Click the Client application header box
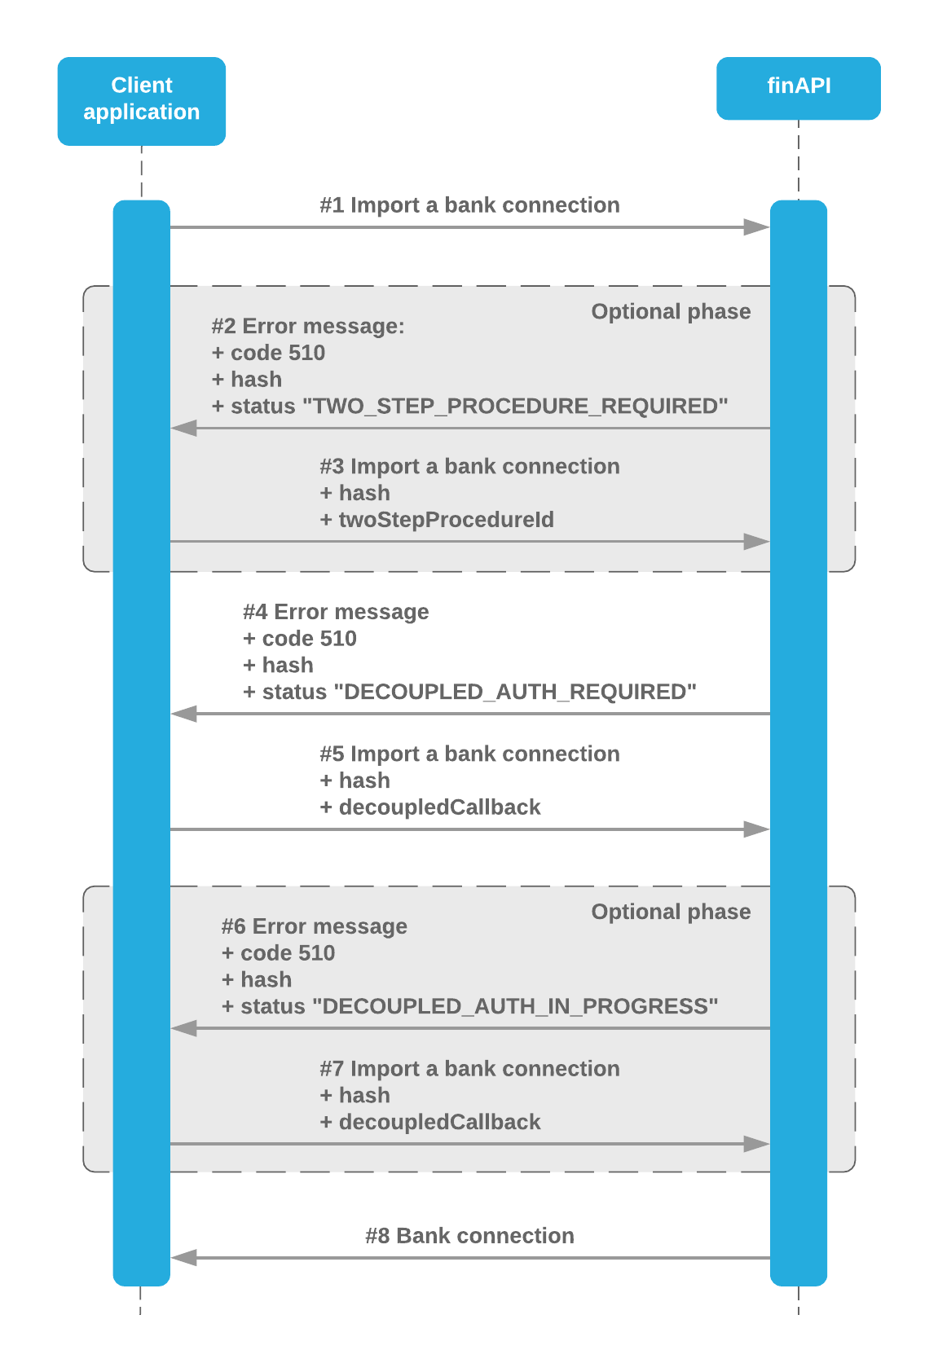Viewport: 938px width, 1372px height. coord(141,101)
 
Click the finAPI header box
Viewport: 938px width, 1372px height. coord(798,88)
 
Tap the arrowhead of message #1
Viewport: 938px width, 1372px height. coord(757,227)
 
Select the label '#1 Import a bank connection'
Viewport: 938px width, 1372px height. coord(469,205)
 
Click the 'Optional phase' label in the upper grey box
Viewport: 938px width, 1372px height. coord(671,312)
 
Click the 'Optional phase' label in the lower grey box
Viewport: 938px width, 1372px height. coord(671,912)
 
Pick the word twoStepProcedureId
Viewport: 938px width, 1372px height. coord(446,520)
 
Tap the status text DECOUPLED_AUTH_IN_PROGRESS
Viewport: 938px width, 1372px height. coord(520,1007)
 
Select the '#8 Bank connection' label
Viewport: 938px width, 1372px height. coord(469,1236)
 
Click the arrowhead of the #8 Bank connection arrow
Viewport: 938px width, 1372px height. coord(184,1258)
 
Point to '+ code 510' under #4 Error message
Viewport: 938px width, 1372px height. coord(300,639)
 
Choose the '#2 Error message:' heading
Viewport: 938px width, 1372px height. coord(308,327)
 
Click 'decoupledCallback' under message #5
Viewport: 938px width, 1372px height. coord(439,807)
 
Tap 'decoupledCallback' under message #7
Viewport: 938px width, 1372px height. coord(439,1123)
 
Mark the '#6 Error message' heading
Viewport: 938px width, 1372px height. coord(315,926)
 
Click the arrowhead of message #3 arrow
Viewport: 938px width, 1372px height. coord(757,542)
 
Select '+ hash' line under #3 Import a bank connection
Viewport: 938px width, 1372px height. coord(355,494)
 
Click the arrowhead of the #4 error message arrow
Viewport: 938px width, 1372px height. coord(184,714)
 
